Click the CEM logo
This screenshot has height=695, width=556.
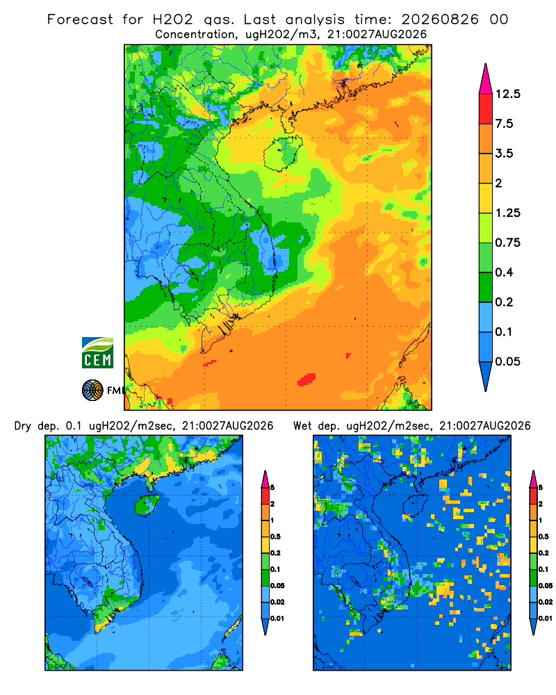(x=97, y=352)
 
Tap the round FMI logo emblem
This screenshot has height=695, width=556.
(x=92, y=390)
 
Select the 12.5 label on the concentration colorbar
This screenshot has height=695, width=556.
(x=507, y=94)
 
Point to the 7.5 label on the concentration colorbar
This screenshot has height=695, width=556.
(x=504, y=124)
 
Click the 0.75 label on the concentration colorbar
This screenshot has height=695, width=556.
(x=507, y=243)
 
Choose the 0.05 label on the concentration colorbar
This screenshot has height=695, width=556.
(x=507, y=361)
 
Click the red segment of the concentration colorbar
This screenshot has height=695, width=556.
(x=486, y=109)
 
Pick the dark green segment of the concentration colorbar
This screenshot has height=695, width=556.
(x=486, y=287)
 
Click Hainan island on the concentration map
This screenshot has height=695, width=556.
(x=283, y=154)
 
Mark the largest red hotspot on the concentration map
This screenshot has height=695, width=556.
(x=306, y=379)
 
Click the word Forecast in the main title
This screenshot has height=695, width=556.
(x=80, y=19)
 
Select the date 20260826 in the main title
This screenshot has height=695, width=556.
(x=440, y=19)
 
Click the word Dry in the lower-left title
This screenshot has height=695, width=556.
(x=23, y=426)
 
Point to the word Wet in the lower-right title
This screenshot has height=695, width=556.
(x=303, y=426)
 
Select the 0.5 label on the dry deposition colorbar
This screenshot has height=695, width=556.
(x=275, y=537)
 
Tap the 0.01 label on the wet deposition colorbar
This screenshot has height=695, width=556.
(x=546, y=619)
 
